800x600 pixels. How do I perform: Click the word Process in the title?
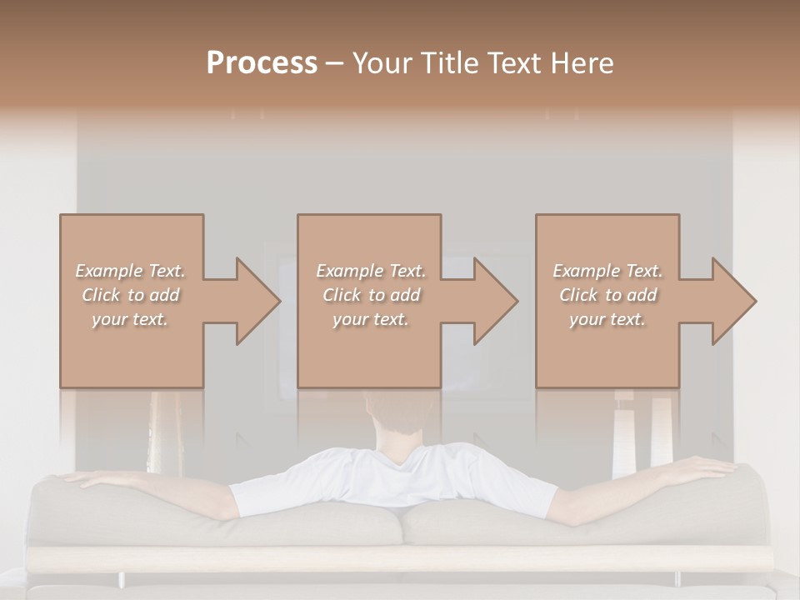(262, 62)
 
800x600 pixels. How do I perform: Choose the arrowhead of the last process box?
(732, 301)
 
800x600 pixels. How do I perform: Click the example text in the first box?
(131, 295)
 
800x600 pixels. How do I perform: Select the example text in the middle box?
(371, 295)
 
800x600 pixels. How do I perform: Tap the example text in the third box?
(607, 295)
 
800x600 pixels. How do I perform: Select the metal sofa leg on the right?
(677, 577)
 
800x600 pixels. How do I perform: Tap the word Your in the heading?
(382, 62)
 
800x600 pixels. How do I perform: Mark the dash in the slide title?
(335, 64)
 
